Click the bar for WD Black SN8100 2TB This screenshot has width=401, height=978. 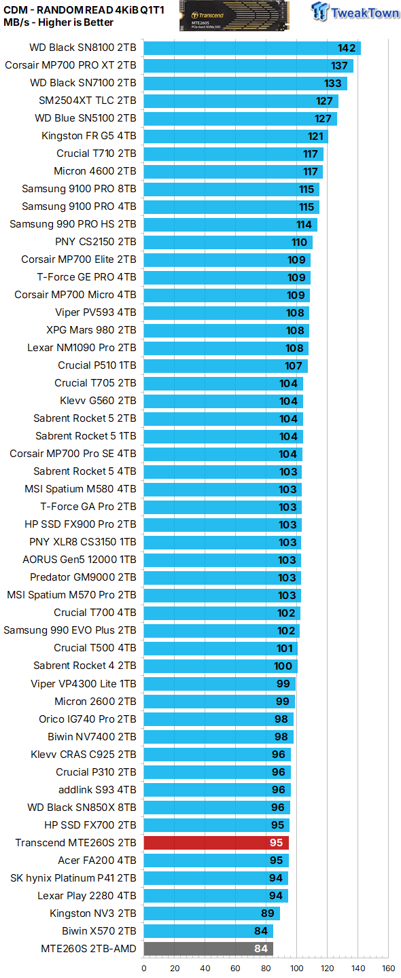(251, 48)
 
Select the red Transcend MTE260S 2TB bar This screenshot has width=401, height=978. (216, 843)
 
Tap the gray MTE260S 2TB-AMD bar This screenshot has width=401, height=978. (208, 949)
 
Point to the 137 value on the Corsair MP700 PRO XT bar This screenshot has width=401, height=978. (339, 66)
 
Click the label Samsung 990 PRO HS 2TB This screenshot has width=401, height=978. (73, 224)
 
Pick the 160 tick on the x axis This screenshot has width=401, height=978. (388, 968)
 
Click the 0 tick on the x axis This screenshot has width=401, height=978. (143, 968)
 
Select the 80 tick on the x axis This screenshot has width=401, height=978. (266, 968)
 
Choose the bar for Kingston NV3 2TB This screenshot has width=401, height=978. (211, 913)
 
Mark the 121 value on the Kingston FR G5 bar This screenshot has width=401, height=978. (315, 137)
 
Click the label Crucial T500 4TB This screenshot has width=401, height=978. (95, 648)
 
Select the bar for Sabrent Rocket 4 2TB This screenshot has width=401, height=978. (220, 666)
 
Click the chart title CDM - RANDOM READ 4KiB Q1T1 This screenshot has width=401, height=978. (84, 9)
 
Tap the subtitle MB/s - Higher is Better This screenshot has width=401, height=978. (58, 22)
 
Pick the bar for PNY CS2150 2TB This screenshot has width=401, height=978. (228, 242)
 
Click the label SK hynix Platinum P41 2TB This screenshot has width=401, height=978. (73, 878)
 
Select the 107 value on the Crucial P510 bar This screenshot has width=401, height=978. (294, 366)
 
